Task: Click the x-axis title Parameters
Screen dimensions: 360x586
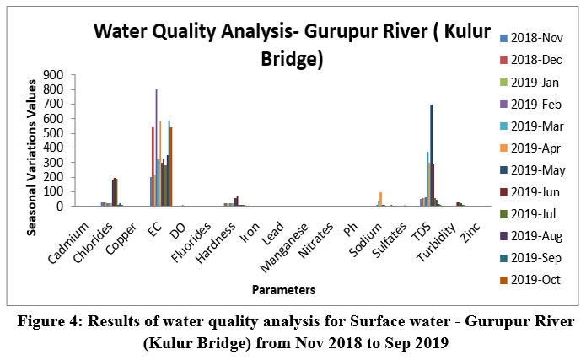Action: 283,290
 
